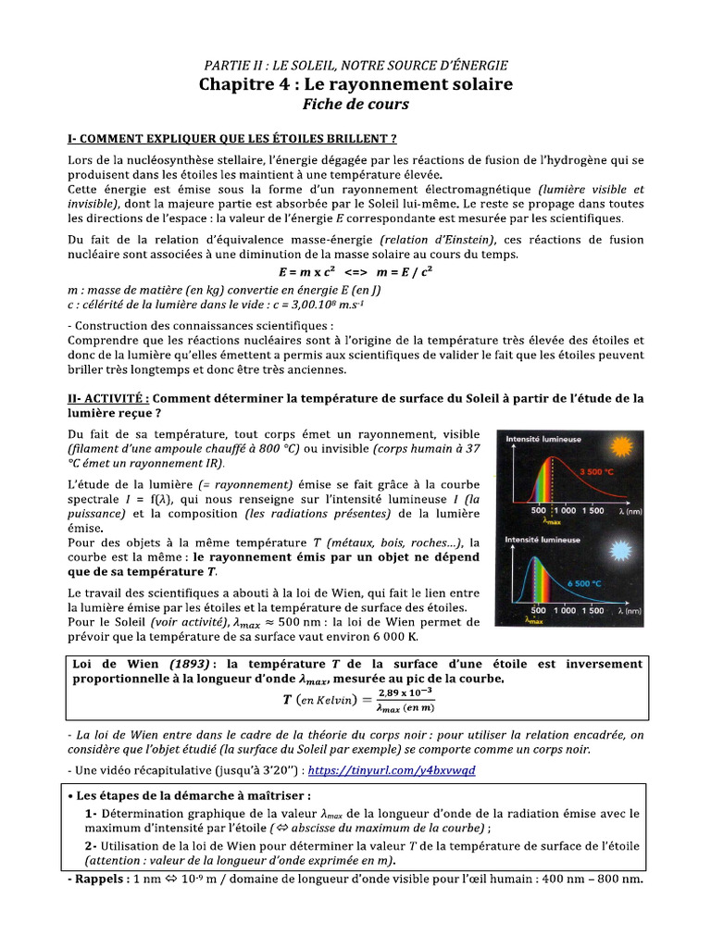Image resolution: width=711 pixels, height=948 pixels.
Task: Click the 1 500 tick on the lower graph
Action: pyautogui.click(x=595, y=611)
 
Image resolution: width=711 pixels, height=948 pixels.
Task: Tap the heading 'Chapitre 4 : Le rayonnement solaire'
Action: pyautogui.click(x=355, y=84)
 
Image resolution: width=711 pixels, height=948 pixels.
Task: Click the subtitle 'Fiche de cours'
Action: pyautogui.click(x=355, y=105)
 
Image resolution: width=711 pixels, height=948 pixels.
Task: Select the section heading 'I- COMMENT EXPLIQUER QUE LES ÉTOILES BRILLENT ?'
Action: pyautogui.click(x=232, y=139)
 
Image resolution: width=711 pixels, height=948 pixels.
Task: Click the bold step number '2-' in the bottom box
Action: pyautogui.click(x=91, y=846)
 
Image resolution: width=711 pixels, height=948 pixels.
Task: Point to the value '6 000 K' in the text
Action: pyautogui.click(x=394, y=637)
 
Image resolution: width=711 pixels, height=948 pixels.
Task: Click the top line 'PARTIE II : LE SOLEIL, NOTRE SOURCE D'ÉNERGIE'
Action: pyautogui.click(x=355, y=64)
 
